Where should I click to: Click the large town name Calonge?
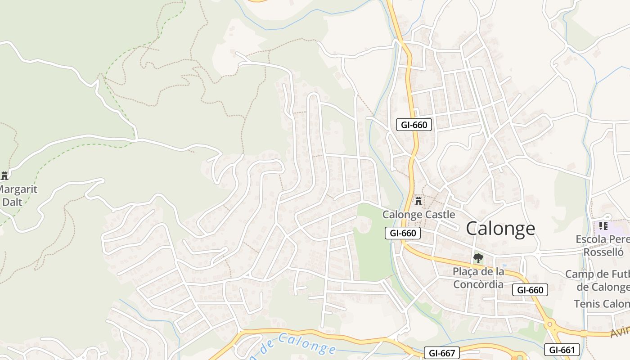[x=500, y=229]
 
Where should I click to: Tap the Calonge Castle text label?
[x=418, y=215]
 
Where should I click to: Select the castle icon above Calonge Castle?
[x=418, y=201]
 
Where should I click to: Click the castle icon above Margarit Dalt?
[x=4, y=175]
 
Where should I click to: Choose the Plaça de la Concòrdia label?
[x=478, y=278]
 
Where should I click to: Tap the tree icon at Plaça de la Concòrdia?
[x=478, y=258]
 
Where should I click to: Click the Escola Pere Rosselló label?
[x=603, y=245]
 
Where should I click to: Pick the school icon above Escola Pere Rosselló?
[x=603, y=225]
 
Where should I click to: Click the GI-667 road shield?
[x=441, y=353]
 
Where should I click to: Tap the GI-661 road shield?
[x=562, y=350]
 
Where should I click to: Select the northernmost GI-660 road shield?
[x=414, y=125]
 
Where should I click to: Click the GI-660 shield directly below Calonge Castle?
[x=403, y=233]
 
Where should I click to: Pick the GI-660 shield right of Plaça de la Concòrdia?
[x=530, y=290]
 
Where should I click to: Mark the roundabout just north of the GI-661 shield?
[x=549, y=324]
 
